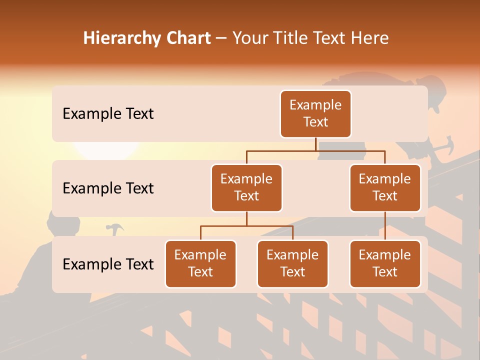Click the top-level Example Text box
pyautogui.click(x=315, y=114)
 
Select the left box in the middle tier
pyautogui.click(x=246, y=188)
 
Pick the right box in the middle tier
pyautogui.click(x=385, y=188)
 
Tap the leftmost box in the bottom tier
pyautogui.click(x=200, y=264)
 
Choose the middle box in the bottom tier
pyautogui.click(x=292, y=264)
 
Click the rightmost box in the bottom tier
pyautogui.click(x=385, y=264)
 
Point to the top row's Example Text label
pyautogui.click(x=108, y=114)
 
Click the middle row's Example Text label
pyautogui.click(x=108, y=188)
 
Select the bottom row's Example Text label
pyautogui.click(x=108, y=264)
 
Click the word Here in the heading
pyautogui.click(x=371, y=38)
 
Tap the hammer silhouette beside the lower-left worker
pyautogui.click(x=115, y=229)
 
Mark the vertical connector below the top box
pyautogui.click(x=315, y=144)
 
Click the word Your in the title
pyautogui.click(x=248, y=38)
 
